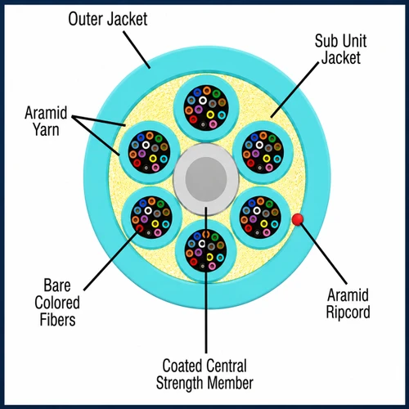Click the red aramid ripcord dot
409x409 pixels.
coord(298,219)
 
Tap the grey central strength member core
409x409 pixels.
coord(206,178)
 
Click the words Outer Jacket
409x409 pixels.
coord(108,19)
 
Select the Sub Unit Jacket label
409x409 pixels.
coord(341,49)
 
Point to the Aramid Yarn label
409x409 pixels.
coord(46,121)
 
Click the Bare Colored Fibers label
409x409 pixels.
coord(57,303)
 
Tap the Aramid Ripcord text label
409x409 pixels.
coord(348,303)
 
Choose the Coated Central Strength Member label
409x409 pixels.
coord(204,374)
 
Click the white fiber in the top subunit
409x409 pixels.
coord(202,101)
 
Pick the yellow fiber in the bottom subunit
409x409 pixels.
coord(209,257)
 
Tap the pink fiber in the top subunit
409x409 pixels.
coord(213,124)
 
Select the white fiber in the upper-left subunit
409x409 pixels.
coord(146,145)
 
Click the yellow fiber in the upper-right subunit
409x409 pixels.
coord(267,159)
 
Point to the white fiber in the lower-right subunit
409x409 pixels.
coord(257,210)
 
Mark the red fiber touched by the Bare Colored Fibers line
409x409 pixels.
coord(139,228)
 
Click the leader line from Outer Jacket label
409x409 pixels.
coord(137,50)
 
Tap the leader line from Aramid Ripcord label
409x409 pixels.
coord(323,254)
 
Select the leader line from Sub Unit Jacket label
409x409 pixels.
coord(294,90)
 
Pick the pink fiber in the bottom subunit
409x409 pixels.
coord(212,266)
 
